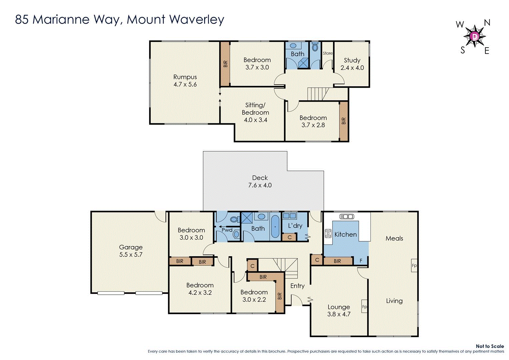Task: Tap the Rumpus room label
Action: click(185, 77)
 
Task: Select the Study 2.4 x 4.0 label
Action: click(352, 64)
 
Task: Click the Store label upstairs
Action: click(327, 53)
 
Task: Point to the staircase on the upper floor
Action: click(318, 94)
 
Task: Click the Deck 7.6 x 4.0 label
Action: click(260, 182)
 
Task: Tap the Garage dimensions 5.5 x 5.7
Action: click(131, 255)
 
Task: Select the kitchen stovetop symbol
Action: click(328, 233)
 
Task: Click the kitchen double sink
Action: click(347, 217)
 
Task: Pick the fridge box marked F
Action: click(361, 261)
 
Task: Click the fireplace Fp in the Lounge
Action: click(364, 307)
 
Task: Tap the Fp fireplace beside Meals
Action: click(414, 266)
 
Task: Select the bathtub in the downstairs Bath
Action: click(275, 227)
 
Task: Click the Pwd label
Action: click(227, 230)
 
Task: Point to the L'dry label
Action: click(295, 226)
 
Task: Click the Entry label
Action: click(297, 286)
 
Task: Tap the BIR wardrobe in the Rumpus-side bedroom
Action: click(225, 64)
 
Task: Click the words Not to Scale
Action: click(490, 346)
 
